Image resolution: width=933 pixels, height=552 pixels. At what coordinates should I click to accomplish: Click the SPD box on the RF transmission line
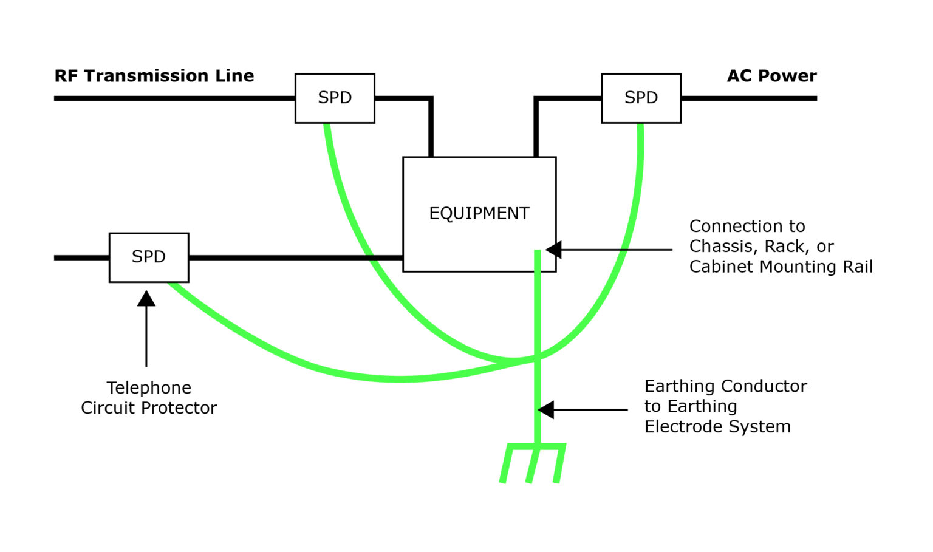tap(335, 98)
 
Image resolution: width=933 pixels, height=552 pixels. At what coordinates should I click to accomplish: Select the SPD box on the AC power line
tap(641, 98)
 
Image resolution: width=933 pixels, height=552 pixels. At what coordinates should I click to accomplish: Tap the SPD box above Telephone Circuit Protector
tap(149, 257)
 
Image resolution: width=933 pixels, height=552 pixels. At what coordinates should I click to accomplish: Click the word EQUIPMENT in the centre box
tap(479, 214)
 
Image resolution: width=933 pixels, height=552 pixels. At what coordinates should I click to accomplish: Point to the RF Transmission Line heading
tap(154, 76)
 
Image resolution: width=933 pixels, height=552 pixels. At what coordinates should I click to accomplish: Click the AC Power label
tap(771, 76)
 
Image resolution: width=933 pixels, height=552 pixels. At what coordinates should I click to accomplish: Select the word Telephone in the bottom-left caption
tap(149, 388)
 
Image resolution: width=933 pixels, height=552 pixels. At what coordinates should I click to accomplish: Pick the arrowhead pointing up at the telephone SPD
tap(146, 298)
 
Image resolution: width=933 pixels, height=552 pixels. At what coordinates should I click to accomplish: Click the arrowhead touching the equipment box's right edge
tap(553, 250)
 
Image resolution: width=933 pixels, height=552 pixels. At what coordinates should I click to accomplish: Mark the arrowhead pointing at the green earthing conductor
tap(546, 410)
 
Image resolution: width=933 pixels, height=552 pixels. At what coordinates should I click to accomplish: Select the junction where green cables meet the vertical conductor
tap(538, 359)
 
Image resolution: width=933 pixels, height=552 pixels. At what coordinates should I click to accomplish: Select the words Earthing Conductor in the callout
tap(725, 386)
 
